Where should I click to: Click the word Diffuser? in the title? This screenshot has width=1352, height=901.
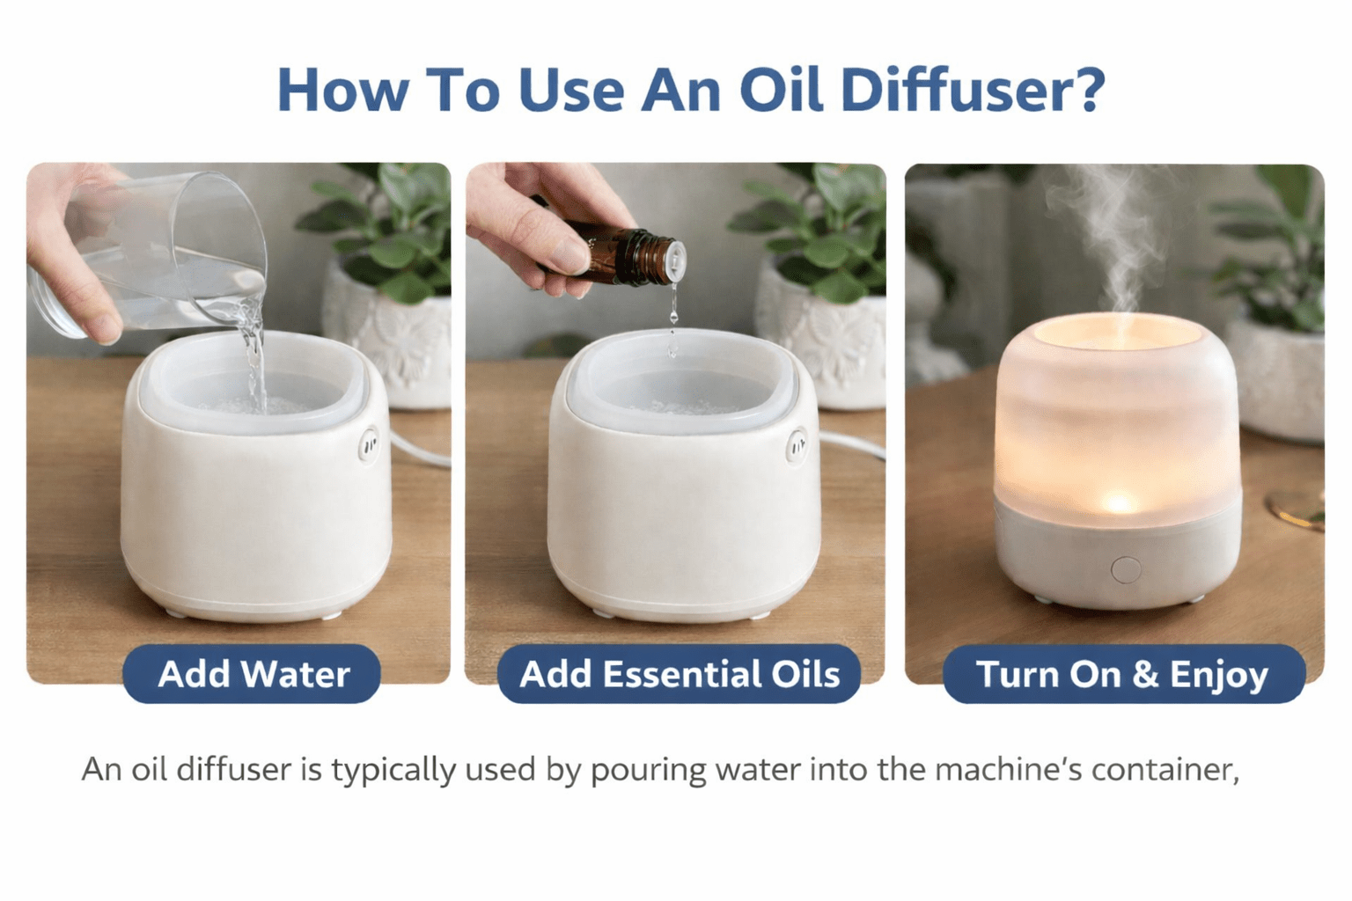[x=973, y=90]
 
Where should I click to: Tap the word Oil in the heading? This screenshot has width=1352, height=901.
[x=783, y=90]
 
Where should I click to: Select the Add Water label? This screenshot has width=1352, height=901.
[x=253, y=673]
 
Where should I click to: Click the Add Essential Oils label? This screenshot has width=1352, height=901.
[x=679, y=673]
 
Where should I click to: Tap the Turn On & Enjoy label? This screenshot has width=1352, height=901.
[x=1124, y=673]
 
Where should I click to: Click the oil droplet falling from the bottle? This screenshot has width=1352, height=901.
[x=673, y=314]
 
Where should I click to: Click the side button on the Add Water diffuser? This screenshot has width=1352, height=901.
[x=369, y=445]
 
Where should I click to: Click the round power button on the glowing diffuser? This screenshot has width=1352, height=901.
[x=1126, y=569]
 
